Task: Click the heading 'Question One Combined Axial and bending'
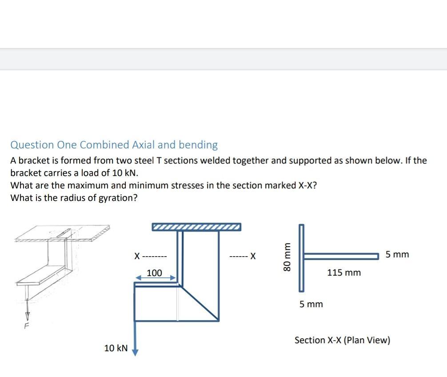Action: (114, 145)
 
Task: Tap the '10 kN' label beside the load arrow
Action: (116, 348)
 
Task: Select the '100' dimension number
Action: (154, 273)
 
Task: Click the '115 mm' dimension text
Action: (344, 273)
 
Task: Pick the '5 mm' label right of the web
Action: (397, 255)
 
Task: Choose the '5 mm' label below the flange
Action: (311, 305)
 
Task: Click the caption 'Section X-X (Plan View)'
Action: (342, 341)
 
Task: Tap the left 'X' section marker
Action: (137, 257)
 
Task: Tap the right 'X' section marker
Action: (253, 256)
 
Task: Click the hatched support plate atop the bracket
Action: (196, 227)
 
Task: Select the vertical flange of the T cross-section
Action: (301, 258)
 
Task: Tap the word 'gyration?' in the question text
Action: (120, 198)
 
